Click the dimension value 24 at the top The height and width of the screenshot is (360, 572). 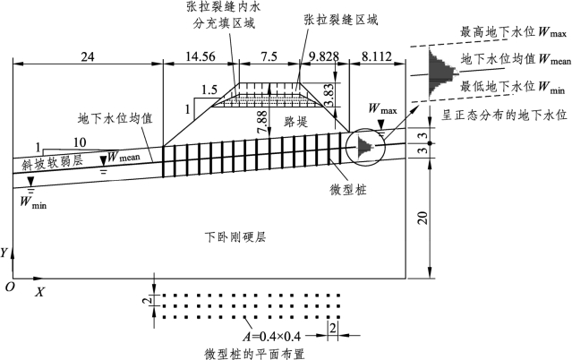coord(88,57)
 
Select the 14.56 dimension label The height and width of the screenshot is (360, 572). coord(201,56)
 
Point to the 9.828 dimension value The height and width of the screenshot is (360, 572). coord(323,56)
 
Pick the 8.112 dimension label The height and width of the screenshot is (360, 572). coord(377,56)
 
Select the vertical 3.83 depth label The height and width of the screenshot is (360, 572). coord(329,95)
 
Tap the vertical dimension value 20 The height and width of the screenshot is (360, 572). coord(423,218)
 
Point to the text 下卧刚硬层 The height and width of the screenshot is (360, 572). coord(235,237)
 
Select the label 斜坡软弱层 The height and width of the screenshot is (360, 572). coord(52,163)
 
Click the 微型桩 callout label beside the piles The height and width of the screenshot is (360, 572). coord(347,190)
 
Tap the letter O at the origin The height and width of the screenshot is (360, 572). coord(10,287)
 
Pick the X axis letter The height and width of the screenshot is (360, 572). coord(39,291)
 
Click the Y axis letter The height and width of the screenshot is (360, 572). coord(4,253)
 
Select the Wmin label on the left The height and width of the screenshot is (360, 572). coord(33,201)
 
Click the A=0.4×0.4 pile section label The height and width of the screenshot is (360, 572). coord(272,336)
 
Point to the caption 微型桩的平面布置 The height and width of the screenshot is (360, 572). coord(254,354)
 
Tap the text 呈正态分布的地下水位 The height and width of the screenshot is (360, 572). coord(505,115)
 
